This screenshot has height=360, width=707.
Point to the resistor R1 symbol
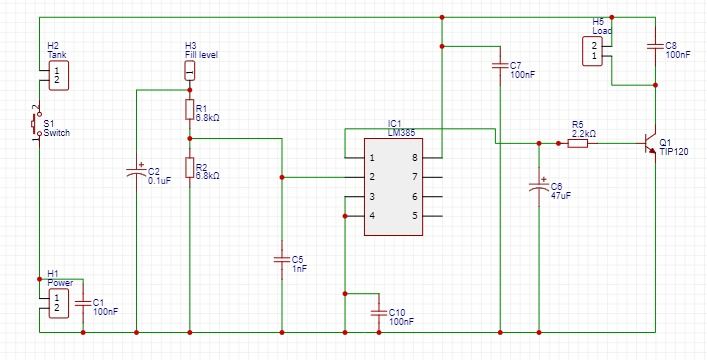click(189, 108)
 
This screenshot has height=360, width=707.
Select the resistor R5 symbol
click(578, 143)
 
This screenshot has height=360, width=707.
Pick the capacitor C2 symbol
click(136, 173)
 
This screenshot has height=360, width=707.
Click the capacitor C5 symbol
click(282, 260)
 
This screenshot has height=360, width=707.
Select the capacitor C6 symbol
click(539, 187)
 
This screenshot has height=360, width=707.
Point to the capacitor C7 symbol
click(499, 67)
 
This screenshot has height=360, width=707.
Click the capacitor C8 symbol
click(654, 46)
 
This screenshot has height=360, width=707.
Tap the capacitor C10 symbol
click(378, 312)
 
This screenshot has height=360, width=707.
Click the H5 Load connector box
click(594, 51)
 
